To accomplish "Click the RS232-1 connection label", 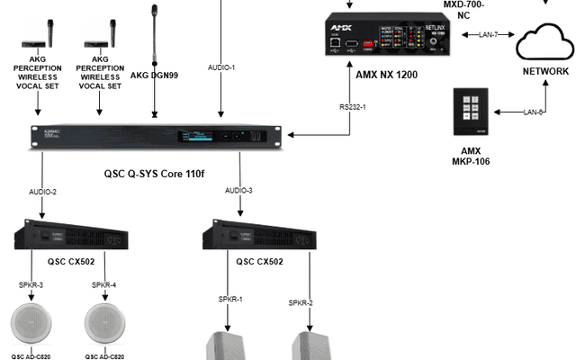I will [x=352, y=107].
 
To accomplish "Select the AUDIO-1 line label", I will [x=221, y=67].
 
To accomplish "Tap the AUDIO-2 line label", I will [x=41, y=191].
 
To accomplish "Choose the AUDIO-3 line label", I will [x=238, y=191].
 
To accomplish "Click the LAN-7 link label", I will [x=489, y=34].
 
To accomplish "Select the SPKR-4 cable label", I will [x=104, y=284].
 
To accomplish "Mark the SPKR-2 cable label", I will [x=301, y=303].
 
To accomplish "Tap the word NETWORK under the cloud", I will [x=545, y=72].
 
